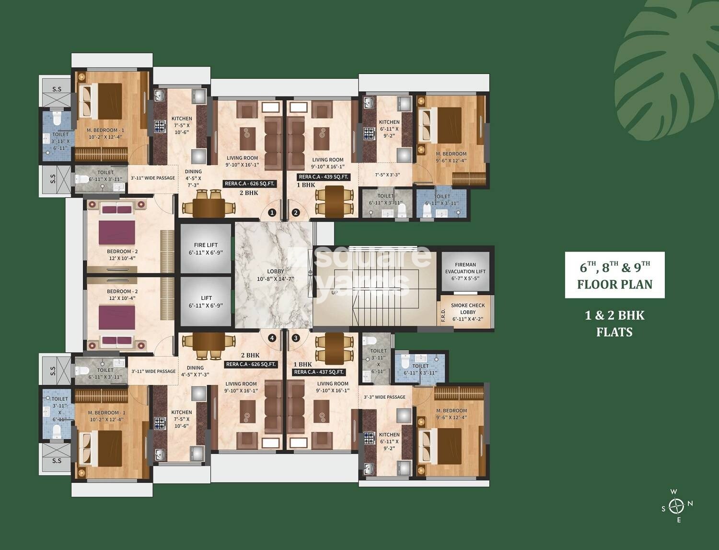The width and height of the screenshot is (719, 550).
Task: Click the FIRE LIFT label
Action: tap(206, 245)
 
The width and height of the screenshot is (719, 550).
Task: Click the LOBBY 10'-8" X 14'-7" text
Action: tap(275, 275)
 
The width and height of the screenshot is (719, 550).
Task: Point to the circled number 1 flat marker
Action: tap(272, 213)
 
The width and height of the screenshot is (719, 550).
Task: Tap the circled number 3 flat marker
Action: tap(296, 338)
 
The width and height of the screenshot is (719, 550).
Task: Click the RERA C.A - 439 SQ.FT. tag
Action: tap(324, 177)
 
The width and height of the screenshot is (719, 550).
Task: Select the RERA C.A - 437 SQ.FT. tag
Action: tap(319, 372)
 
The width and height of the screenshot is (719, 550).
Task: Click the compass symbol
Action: tap(676, 506)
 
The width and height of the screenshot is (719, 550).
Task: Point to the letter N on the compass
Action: tap(690, 503)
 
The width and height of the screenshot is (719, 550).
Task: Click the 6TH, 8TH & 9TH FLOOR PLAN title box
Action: tap(615, 275)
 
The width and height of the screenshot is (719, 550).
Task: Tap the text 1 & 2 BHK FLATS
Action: tap(615, 323)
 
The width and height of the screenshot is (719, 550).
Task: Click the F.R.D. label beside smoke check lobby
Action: tap(443, 315)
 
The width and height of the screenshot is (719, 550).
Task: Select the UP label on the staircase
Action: tap(335, 292)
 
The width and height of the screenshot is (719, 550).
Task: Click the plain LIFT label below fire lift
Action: tap(206, 298)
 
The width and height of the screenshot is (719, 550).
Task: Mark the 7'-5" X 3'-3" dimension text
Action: tap(387, 175)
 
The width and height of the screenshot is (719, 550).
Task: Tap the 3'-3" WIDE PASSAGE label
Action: tap(384, 397)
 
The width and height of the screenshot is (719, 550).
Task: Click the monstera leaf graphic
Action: tap(666, 67)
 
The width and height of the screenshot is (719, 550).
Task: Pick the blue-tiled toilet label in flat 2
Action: tap(441, 200)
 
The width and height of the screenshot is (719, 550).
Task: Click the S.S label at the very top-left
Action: tap(57, 89)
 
